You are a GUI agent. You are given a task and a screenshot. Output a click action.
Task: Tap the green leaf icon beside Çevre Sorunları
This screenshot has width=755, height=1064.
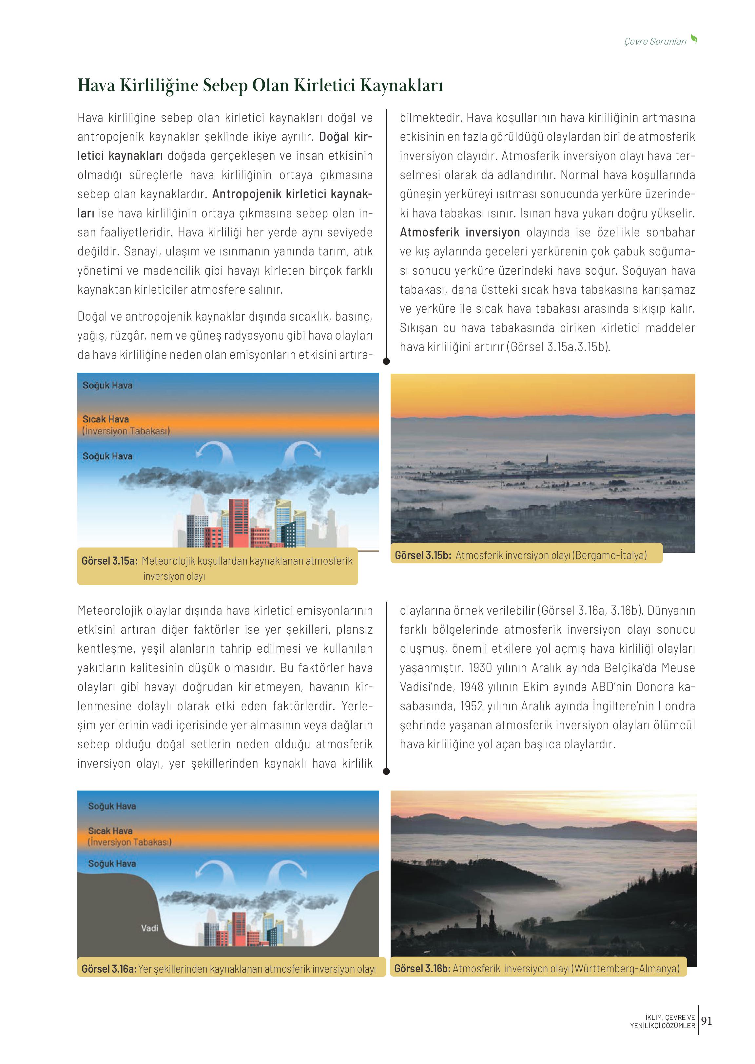click(694, 39)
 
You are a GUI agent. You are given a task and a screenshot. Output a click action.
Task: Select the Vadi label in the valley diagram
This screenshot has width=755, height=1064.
click(150, 928)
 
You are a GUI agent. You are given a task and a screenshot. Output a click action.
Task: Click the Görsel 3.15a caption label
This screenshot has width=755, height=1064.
click(110, 561)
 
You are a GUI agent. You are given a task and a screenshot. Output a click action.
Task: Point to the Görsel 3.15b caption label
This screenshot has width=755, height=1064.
click(423, 555)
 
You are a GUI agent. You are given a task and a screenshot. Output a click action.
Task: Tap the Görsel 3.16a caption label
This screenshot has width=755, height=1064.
click(109, 969)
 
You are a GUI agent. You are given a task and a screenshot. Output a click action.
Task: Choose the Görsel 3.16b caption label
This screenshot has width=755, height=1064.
click(422, 968)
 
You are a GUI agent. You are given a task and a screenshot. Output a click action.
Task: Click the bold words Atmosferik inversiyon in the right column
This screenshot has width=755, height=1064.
click(460, 232)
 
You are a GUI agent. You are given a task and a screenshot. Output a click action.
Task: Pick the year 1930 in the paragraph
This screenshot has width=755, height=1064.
click(480, 668)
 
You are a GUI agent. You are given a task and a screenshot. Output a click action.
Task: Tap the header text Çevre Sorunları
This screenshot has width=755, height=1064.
click(655, 41)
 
